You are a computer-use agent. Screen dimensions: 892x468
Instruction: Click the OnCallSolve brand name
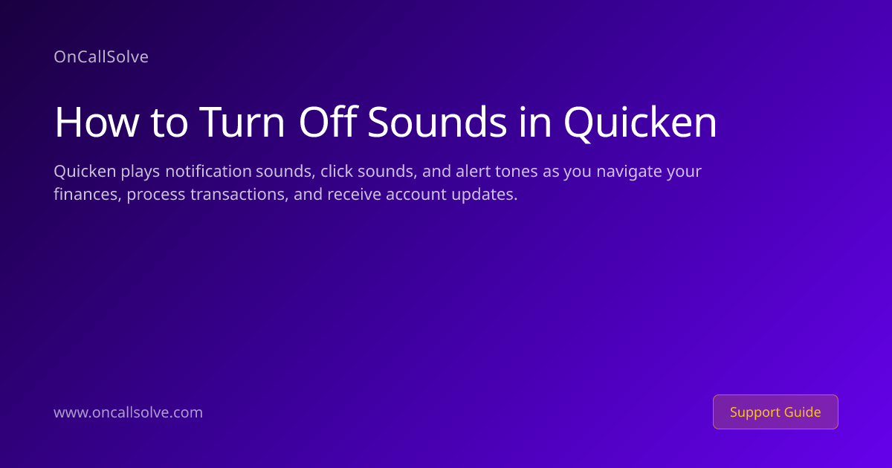[x=101, y=56]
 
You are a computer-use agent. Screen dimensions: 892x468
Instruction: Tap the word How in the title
[x=97, y=122]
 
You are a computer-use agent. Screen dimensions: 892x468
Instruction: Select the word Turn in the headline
[x=242, y=122]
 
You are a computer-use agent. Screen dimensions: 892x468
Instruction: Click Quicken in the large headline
[x=640, y=123]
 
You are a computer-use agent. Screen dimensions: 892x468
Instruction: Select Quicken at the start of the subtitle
[x=85, y=171]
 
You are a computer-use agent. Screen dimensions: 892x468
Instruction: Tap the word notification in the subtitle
[x=208, y=171]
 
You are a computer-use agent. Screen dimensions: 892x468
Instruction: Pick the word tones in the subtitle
[x=516, y=172]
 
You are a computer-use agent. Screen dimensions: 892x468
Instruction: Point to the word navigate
[x=629, y=172]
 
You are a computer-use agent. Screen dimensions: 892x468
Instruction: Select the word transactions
[x=239, y=194]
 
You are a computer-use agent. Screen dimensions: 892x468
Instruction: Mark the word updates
[x=484, y=195]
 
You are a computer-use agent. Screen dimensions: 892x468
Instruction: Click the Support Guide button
[x=775, y=412]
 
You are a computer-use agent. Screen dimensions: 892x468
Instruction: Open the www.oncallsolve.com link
[x=128, y=412]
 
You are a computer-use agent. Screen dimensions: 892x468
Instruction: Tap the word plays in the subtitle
[x=140, y=172]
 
